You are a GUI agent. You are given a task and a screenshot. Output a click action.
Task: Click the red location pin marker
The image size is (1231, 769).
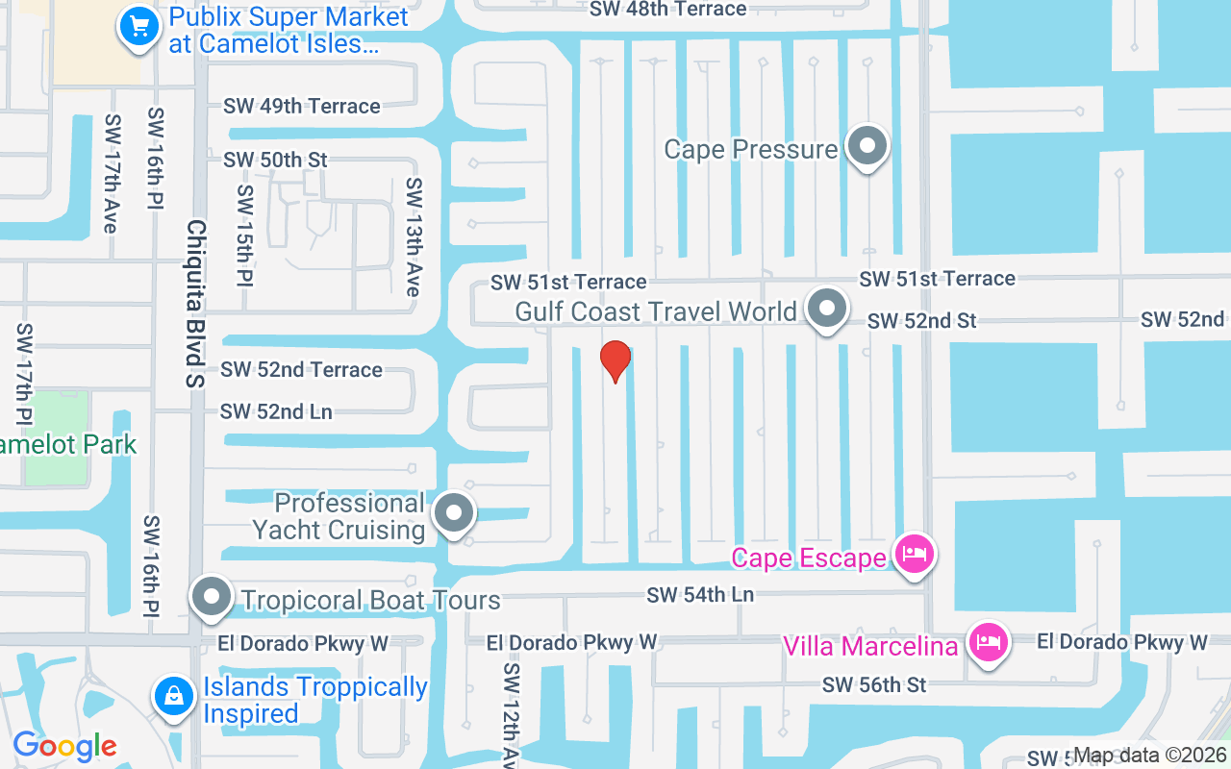coord(615,360)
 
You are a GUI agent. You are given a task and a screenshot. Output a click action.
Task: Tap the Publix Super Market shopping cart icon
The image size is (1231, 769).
coord(138,27)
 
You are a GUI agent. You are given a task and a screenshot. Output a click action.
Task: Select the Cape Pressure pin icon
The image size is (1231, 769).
coord(867,148)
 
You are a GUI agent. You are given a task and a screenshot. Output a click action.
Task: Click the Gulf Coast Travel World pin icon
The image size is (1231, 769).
coord(826,309)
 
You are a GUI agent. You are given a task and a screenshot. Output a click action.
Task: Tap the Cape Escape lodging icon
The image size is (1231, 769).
coord(912,555)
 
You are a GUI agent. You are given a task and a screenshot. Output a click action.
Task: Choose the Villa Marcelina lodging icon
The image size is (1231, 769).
coord(987,642)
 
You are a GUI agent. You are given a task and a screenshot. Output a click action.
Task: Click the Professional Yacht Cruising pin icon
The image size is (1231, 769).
coord(454,514)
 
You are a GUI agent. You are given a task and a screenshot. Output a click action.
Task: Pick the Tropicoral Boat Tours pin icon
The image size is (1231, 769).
coord(212,598)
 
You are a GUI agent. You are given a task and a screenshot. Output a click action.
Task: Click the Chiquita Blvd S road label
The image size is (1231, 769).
coord(196,304)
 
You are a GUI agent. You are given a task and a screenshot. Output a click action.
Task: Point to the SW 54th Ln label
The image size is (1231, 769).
coord(700,595)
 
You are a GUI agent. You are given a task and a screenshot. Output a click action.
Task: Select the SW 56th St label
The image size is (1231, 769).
coord(873,684)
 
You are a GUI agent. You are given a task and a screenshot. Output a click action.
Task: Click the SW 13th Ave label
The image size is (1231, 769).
coord(413,236)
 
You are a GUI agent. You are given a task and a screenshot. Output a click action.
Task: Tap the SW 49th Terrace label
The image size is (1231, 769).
coord(302,106)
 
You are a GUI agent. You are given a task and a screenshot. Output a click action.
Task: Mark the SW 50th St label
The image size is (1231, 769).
coord(275,160)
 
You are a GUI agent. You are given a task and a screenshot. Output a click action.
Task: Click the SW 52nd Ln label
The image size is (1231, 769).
coord(276,411)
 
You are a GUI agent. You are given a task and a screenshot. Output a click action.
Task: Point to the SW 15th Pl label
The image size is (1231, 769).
coord(244,236)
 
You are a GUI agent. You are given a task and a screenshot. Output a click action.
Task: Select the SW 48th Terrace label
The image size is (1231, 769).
coord(667,10)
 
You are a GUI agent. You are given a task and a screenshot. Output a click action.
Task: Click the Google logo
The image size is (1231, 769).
coord(64,746)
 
